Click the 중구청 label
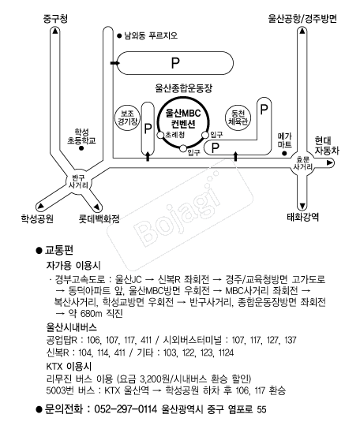coord(55,19)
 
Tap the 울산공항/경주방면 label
coord(302,19)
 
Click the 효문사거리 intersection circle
coord(302,163)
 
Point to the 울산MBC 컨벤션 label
coord(183,118)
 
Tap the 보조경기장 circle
coord(127,118)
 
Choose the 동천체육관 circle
coord(238,118)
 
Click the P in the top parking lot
coord(175,62)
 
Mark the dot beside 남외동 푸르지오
coord(119,35)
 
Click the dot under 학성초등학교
coord(81,148)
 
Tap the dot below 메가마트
coord(284,154)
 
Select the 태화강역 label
coord(302,217)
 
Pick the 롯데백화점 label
coord(99,219)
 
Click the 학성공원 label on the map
coord(37,218)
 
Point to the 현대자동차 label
coord(327,146)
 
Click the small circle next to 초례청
coord(160,135)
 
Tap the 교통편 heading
coord(59,250)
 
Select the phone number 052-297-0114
coord(126,409)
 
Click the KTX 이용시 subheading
coord(69,366)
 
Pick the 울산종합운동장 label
coord(184,88)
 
